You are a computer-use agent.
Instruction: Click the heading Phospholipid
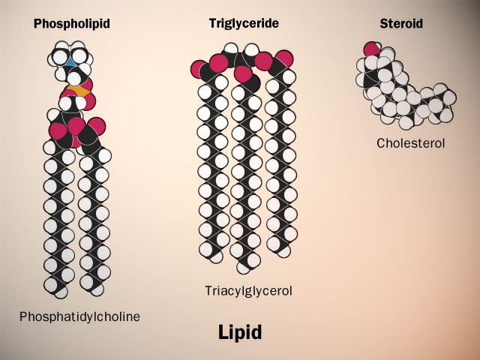(72, 24)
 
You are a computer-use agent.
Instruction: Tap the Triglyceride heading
(244, 23)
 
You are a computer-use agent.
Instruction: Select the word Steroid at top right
(401, 24)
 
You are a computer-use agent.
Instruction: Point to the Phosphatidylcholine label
(79, 316)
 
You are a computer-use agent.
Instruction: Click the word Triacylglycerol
(247, 290)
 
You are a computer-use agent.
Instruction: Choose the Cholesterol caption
(411, 142)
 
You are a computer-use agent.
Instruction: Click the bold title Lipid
(240, 332)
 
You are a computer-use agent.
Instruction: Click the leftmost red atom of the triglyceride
(200, 69)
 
